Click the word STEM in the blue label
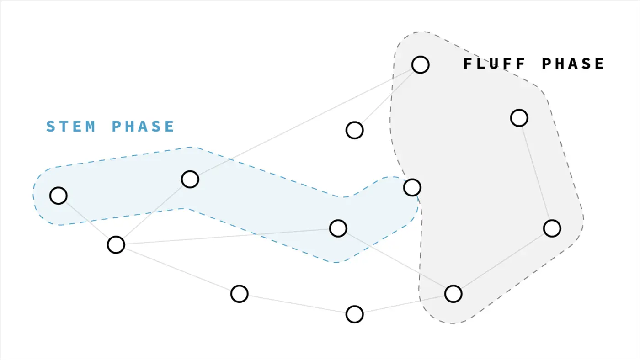(x=71, y=126)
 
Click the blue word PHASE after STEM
(x=143, y=126)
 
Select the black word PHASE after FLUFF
(x=573, y=64)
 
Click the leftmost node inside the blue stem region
(x=59, y=196)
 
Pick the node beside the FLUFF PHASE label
(x=420, y=65)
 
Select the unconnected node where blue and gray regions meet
(x=412, y=187)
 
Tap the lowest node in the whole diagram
(x=355, y=314)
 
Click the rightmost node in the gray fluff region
(x=552, y=228)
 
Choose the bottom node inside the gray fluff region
(x=453, y=294)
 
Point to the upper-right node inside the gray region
(x=519, y=118)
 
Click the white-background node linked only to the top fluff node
(x=355, y=130)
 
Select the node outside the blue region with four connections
(x=116, y=245)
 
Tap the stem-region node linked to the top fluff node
(x=190, y=179)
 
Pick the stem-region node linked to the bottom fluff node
(x=338, y=228)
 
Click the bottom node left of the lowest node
(x=239, y=294)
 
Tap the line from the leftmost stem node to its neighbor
(x=87, y=220)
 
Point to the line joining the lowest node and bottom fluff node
(x=404, y=304)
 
